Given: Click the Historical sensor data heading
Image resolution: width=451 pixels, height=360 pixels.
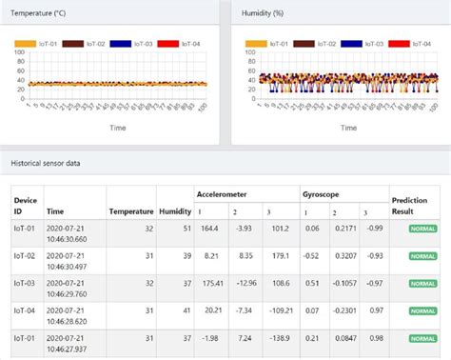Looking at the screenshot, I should (46, 164).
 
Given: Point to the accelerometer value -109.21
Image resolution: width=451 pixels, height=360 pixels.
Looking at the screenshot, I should (279, 310).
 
